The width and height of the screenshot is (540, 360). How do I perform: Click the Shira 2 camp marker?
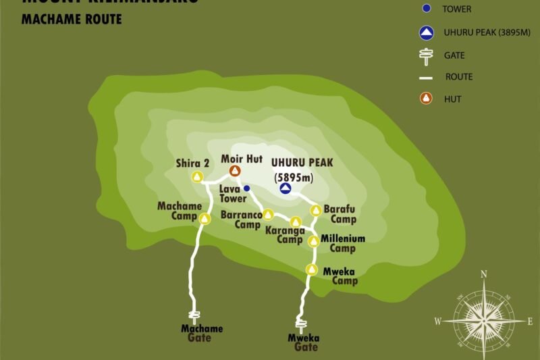click(198, 177)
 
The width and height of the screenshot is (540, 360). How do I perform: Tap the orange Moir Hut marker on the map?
click(235, 171)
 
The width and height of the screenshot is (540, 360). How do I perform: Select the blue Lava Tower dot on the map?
click(247, 188)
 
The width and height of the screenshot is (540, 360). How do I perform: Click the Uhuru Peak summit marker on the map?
click(286, 188)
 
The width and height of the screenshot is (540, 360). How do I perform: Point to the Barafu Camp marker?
click(315, 210)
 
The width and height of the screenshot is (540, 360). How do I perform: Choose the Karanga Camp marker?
click(295, 222)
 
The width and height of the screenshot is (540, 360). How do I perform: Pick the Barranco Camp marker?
click(268, 214)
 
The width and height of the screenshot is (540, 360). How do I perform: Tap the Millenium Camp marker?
click(313, 241)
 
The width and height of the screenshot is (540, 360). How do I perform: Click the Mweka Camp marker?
click(311, 269)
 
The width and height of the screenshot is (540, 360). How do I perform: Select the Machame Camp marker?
click(205, 217)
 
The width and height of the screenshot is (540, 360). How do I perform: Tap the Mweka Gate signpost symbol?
click(299, 324)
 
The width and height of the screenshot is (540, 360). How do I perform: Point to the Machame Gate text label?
click(201, 333)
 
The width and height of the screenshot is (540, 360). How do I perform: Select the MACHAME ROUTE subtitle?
click(72, 19)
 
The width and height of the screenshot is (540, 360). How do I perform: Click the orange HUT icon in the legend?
click(425, 99)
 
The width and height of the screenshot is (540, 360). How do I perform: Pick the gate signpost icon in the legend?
click(425, 57)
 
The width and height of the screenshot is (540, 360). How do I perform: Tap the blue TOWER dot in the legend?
click(425, 9)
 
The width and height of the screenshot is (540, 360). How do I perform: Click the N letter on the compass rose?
click(483, 274)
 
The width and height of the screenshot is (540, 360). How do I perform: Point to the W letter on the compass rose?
click(437, 321)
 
